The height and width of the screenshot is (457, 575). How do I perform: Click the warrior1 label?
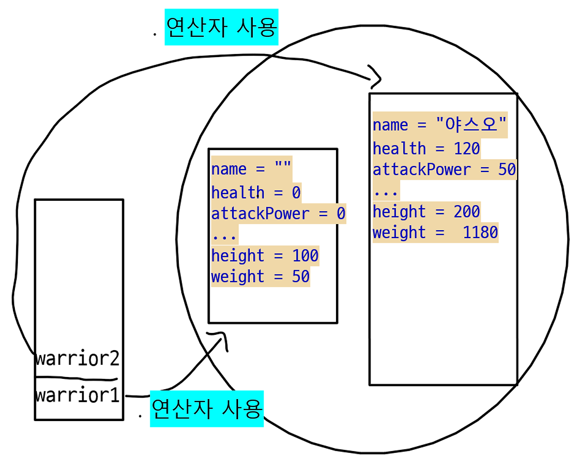[x=77, y=395]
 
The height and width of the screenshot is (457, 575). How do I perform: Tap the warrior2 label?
[x=77, y=359]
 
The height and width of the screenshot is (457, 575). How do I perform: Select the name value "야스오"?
[x=471, y=124]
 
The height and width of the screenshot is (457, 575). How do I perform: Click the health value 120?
[x=467, y=148]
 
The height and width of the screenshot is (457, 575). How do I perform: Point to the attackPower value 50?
[x=507, y=169]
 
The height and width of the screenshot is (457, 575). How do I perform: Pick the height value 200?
[x=467, y=211]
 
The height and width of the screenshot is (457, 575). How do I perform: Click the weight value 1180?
[x=480, y=232]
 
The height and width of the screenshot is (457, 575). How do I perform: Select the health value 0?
[x=296, y=192]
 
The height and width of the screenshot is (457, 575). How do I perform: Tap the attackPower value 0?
[x=341, y=213]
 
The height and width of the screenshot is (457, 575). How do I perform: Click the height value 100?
[x=305, y=255]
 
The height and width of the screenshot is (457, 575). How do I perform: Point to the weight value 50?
[x=301, y=276]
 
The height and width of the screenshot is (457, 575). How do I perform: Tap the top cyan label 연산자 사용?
[x=221, y=27]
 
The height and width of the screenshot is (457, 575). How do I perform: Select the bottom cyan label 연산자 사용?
[x=207, y=408]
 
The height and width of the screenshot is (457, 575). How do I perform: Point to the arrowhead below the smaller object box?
[x=220, y=338]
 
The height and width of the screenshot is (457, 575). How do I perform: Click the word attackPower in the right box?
[x=421, y=169]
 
